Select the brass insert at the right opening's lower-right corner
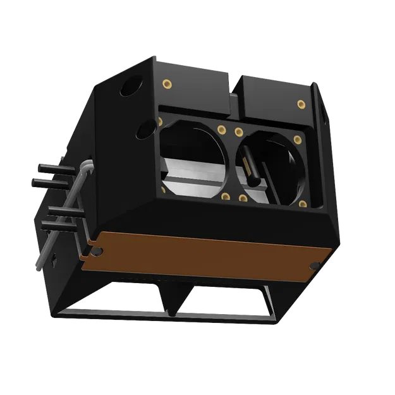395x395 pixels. click(303, 204)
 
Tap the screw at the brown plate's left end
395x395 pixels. click(95, 252)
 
